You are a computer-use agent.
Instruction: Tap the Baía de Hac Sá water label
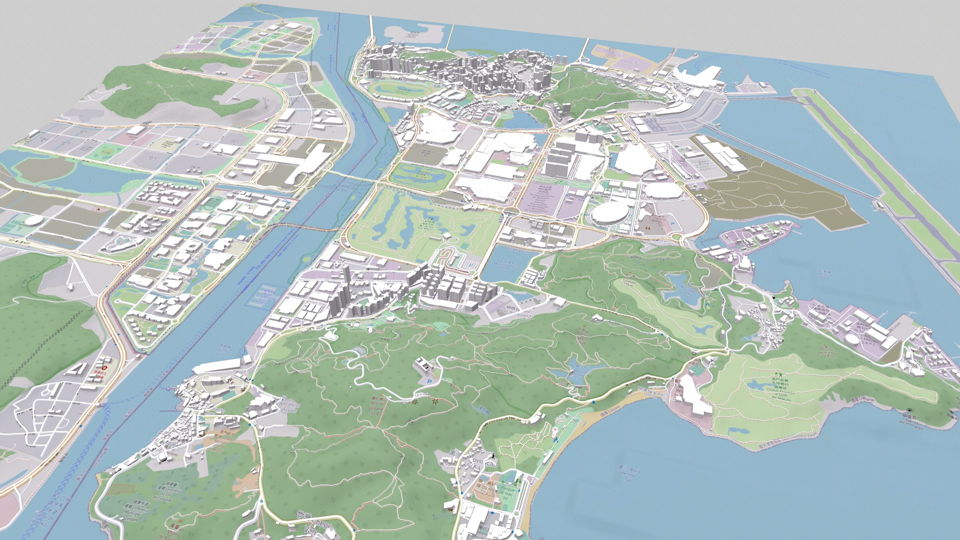[627, 475]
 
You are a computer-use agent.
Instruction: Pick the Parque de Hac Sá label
[506, 490]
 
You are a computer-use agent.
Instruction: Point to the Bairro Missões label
[287, 406]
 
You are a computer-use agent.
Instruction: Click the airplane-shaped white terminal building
[697, 76]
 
